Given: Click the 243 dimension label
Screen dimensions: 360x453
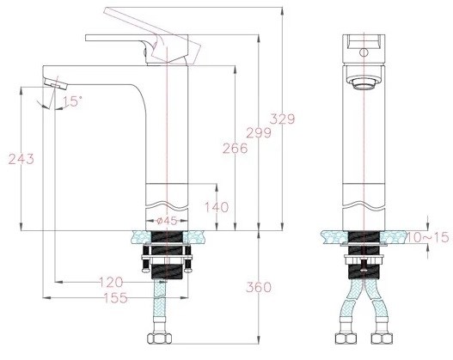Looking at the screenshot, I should pos(20,160).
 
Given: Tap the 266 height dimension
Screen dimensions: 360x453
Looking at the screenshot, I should pos(234,148).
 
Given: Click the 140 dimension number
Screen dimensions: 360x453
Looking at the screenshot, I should pos(216,207).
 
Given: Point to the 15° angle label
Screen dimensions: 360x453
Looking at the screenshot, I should pos(72,101).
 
